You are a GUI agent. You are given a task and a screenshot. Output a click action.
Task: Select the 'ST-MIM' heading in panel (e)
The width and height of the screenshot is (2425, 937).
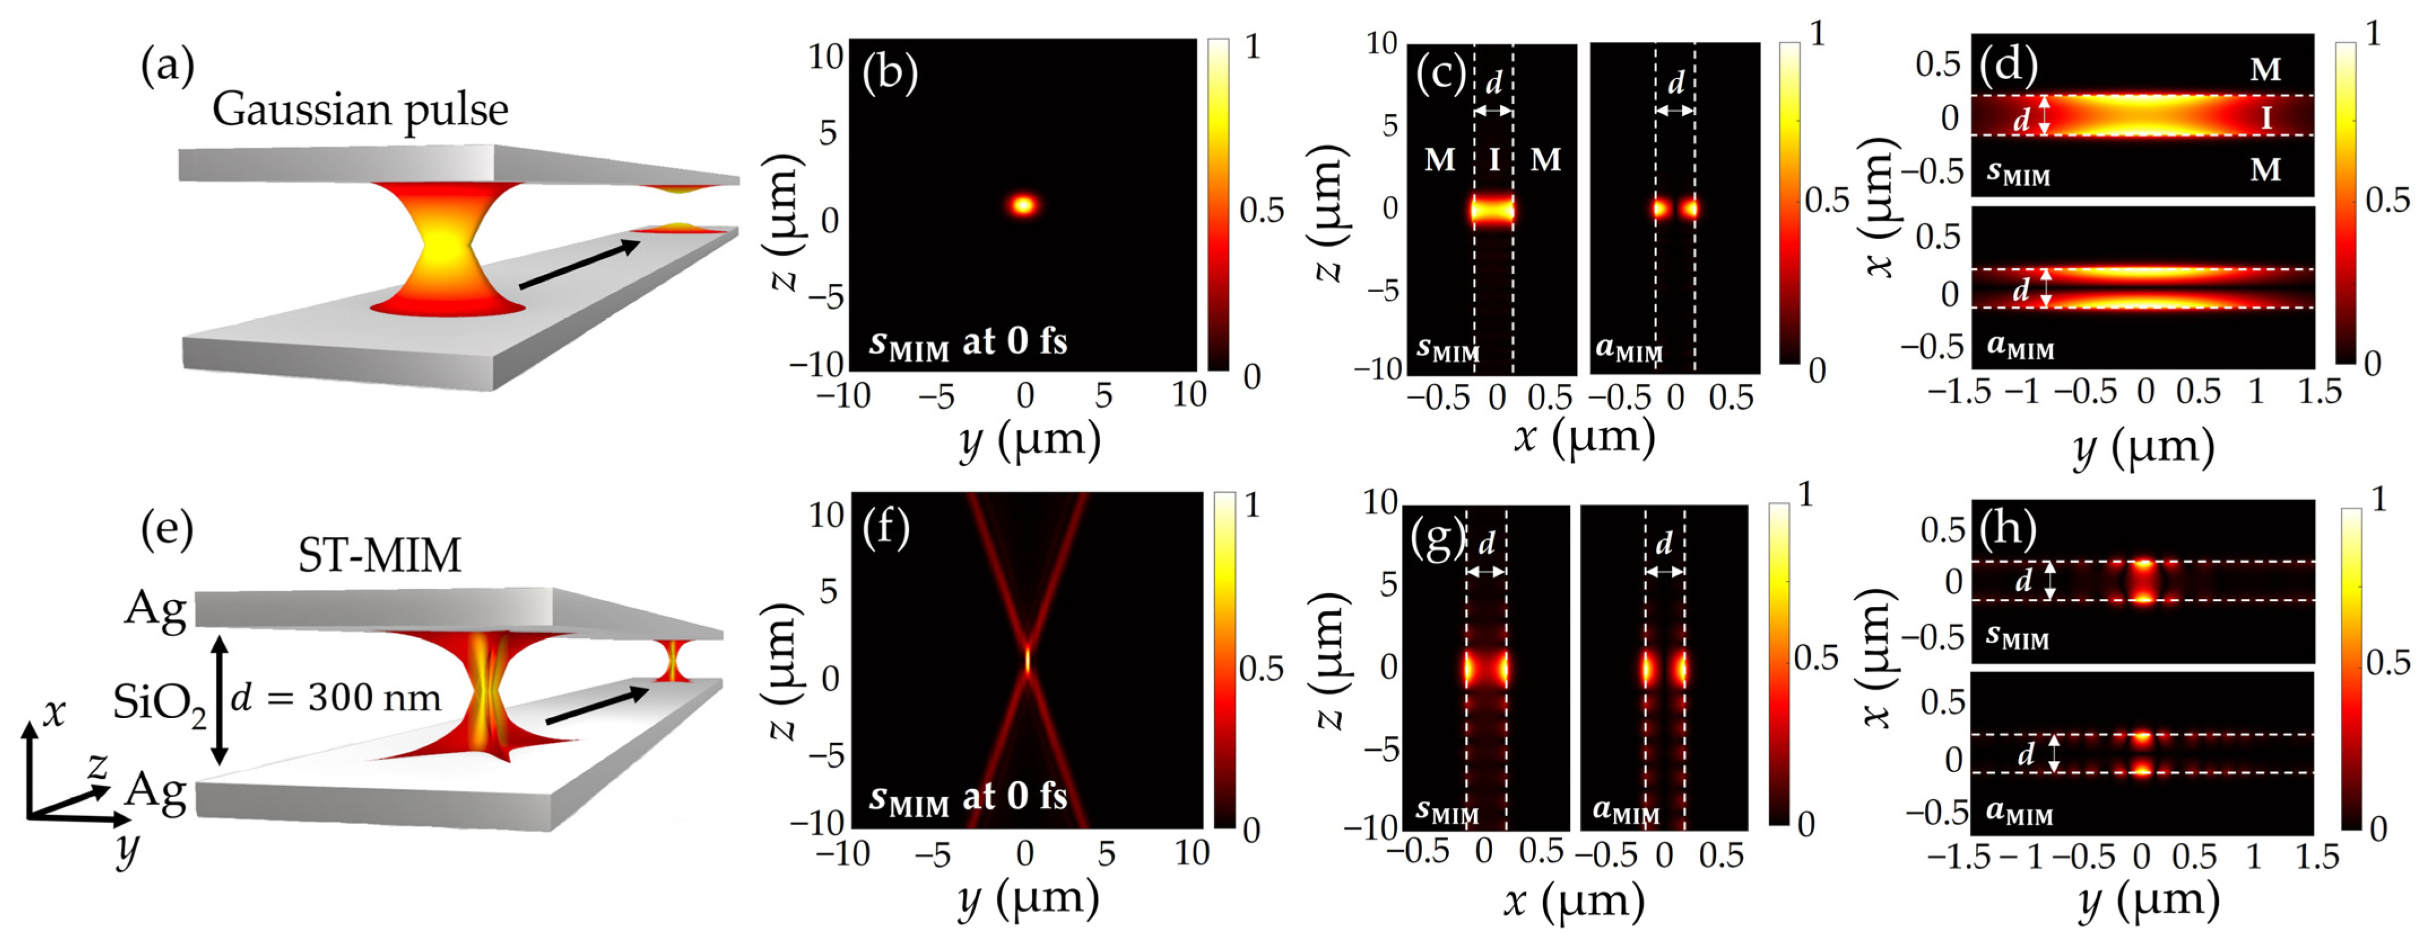click(379, 554)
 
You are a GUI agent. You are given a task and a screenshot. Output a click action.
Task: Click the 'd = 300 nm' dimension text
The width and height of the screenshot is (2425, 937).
click(336, 697)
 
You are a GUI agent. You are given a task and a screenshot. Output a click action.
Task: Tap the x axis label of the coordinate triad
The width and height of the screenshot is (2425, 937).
click(55, 712)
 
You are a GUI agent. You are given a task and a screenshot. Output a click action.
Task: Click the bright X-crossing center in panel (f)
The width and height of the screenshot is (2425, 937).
click(1027, 659)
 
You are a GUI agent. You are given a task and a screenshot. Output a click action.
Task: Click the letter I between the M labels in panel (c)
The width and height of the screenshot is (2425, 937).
click(1494, 160)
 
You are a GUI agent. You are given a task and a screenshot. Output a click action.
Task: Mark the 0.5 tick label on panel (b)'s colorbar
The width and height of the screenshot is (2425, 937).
click(1262, 210)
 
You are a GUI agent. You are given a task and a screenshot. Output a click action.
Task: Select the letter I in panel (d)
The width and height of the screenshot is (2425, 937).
click(2266, 117)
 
